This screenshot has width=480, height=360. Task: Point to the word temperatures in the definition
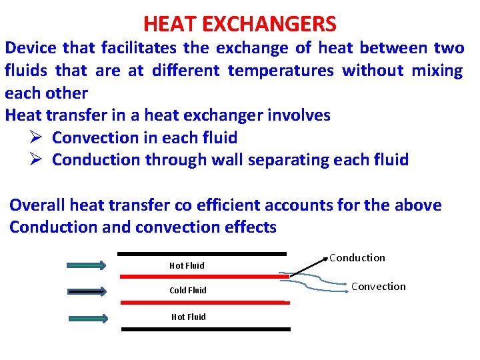point(281,71)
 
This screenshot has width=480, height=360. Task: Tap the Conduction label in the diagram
point(357,258)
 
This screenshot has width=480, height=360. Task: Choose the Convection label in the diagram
point(378,287)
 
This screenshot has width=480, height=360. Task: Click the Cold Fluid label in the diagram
point(188,291)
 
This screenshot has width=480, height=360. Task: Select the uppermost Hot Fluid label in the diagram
point(187,265)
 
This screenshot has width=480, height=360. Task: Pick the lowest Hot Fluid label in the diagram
point(188,317)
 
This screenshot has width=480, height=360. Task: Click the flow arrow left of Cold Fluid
point(87,291)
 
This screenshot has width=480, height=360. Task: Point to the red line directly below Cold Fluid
point(205,302)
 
